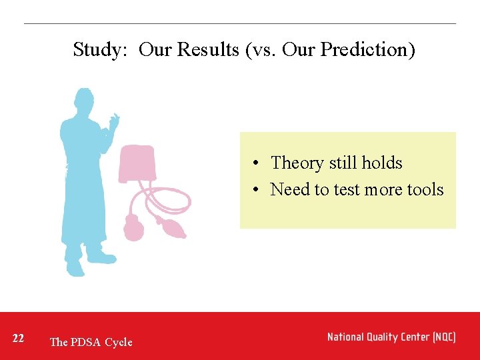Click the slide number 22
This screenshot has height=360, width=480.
point(19,339)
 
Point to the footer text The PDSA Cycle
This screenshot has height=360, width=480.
point(91,342)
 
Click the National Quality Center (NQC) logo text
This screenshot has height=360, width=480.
point(391,337)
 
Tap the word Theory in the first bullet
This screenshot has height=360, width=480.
point(297,163)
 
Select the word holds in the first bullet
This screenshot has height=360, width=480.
point(381,163)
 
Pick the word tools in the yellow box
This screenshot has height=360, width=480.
point(425,189)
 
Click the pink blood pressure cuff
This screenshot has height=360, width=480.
point(138,162)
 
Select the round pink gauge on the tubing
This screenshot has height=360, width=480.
point(133,229)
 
